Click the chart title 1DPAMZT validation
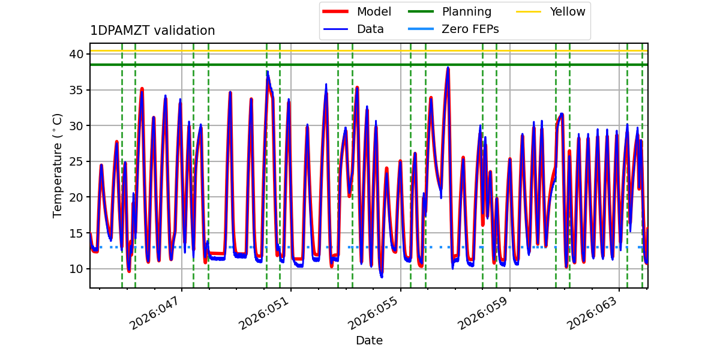coord(152,31)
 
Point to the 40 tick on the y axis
coord(76,55)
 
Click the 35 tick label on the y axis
coord(76,90)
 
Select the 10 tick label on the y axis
coord(76,269)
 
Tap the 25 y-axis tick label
coord(76,161)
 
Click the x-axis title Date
coord(369,341)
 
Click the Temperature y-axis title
coord(58,165)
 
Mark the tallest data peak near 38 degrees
coord(448,68)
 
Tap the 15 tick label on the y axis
coord(76,233)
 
